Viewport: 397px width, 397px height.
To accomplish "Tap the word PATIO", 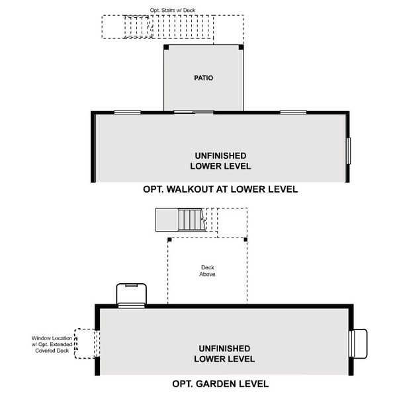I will coord(203,78).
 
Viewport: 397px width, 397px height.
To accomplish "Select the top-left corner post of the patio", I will coord(165,46).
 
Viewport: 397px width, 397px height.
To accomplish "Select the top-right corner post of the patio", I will coord(242,46).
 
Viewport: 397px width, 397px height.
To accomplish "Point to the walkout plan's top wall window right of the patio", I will coord(292,112).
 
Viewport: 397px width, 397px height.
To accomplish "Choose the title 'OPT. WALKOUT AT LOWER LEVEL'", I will coord(220,189).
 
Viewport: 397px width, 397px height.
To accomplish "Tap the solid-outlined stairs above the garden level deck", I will coord(179,218).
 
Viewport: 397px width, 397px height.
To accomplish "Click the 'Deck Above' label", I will coord(208,271).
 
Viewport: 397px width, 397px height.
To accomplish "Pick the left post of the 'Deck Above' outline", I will coord(169,239).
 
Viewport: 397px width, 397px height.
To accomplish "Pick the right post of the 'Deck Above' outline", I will coord(246,239).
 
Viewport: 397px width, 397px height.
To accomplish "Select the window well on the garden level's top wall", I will coord(131,294).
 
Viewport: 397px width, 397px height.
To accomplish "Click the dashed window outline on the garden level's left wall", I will coord(87,343).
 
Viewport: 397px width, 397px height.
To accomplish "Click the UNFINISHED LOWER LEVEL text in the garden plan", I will coord(224,353).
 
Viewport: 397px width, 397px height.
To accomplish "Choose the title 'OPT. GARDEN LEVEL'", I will coord(220,383).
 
